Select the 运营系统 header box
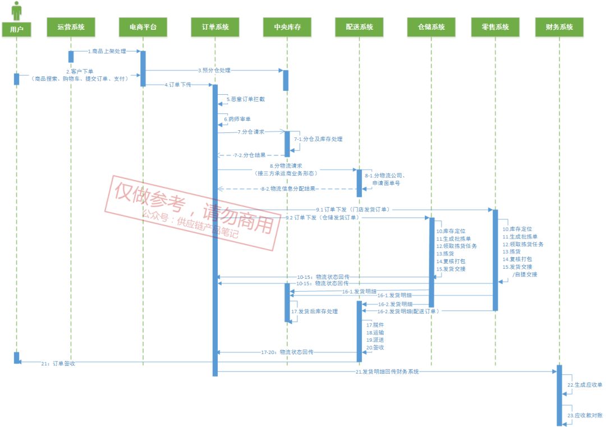click(71, 27)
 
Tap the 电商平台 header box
click(143, 27)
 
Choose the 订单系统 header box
click(215, 27)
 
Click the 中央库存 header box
click(287, 27)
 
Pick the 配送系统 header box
click(359, 27)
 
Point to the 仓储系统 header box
click(431, 27)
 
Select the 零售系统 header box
click(495, 27)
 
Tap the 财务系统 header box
click(559, 27)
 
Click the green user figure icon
click(16, 10)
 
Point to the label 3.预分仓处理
click(214, 71)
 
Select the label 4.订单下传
click(178, 85)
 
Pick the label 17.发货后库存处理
click(314, 311)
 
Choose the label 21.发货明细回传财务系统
click(387, 371)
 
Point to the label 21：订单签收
click(58, 364)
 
